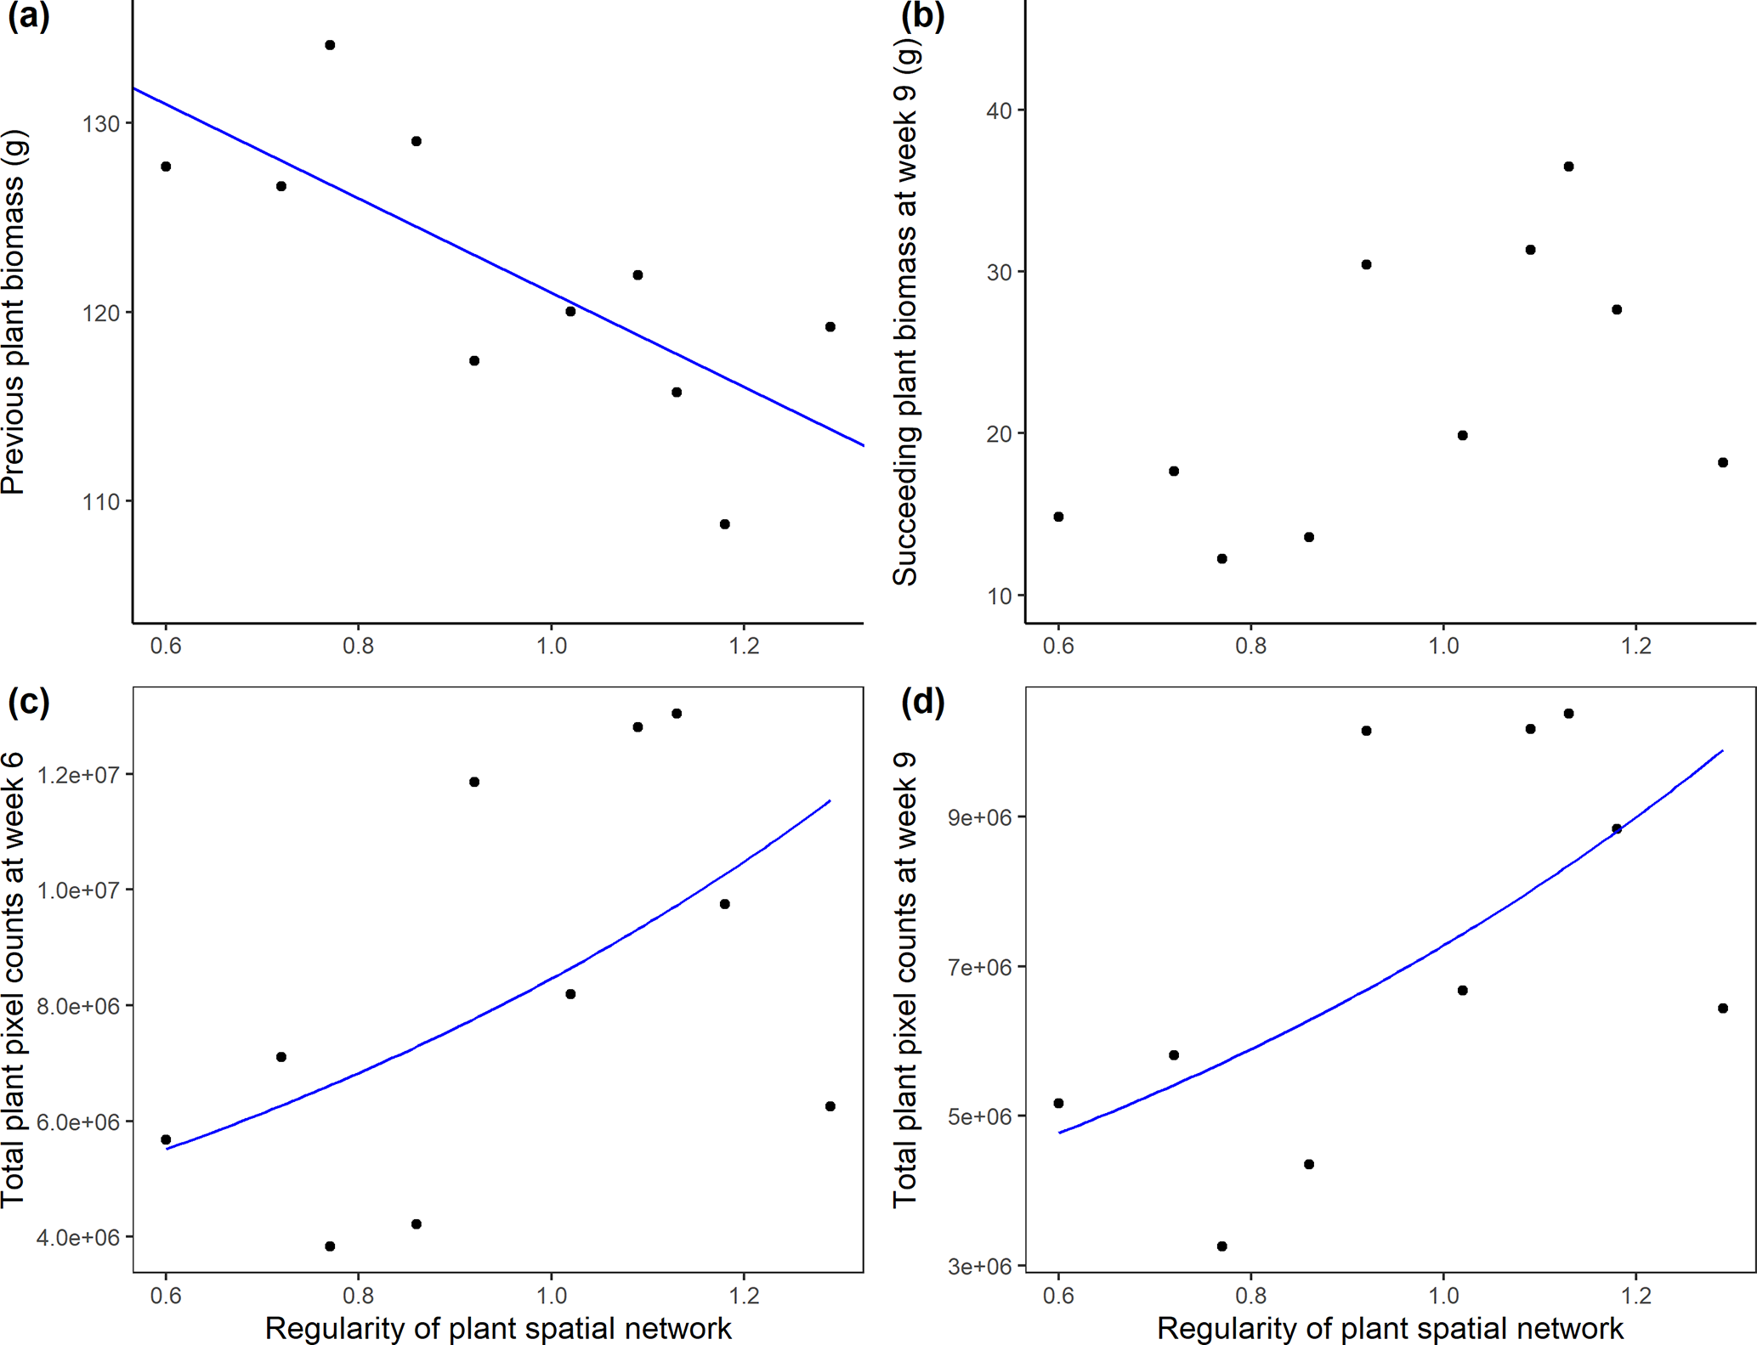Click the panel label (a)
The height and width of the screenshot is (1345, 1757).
[28, 16]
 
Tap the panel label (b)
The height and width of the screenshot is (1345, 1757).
[922, 16]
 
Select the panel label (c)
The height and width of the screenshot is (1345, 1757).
[28, 702]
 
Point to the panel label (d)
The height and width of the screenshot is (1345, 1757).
[922, 702]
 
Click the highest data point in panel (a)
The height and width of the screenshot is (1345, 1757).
[330, 45]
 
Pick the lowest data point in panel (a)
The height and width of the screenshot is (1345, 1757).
[724, 524]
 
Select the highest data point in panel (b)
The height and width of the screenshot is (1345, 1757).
[1568, 167]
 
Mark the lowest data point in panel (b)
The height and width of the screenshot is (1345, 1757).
[1221, 558]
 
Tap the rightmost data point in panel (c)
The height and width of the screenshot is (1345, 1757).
[830, 1106]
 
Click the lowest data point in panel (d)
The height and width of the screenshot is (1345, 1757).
[1221, 1246]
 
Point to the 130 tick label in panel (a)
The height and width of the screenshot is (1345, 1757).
[100, 124]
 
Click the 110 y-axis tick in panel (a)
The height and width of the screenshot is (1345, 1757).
[100, 502]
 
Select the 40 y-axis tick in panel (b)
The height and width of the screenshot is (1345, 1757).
[1000, 111]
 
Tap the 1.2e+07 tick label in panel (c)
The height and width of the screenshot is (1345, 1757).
[79, 775]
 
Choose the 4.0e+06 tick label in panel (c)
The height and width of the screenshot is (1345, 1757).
[79, 1238]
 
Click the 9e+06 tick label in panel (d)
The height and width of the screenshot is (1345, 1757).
[980, 817]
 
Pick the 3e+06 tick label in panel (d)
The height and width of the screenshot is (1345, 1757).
[980, 1267]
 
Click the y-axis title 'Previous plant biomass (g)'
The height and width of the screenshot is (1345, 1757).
[14, 312]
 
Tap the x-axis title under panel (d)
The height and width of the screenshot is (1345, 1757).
[1390, 1328]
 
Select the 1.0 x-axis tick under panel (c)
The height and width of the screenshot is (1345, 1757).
[551, 1296]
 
